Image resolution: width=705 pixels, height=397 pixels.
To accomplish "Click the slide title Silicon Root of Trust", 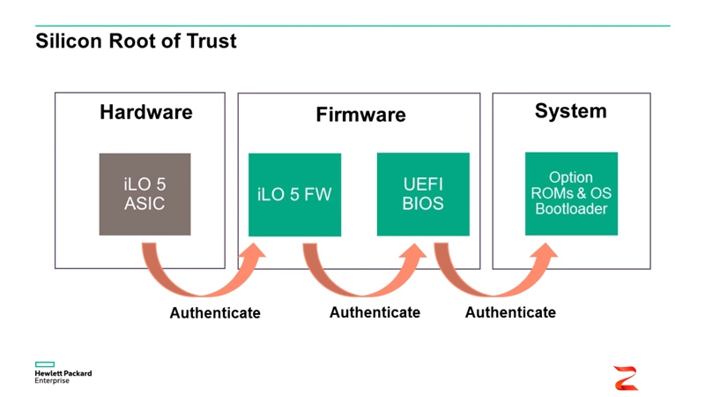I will click(x=136, y=41).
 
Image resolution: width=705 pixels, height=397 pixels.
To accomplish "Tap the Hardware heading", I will click(x=145, y=112).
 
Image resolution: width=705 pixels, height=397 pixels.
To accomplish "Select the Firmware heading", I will click(x=360, y=115).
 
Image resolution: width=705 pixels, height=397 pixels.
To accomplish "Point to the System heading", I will click(x=570, y=110).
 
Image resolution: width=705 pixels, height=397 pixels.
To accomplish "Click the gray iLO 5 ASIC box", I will click(x=145, y=194).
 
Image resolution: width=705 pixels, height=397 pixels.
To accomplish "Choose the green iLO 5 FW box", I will click(x=294, y=195).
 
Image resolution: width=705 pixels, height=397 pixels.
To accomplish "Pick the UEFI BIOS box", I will click(x=423, y=194).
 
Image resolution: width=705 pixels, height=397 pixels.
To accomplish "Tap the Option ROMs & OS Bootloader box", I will click(x=571, y=193).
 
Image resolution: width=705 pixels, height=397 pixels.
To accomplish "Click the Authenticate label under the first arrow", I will click(x=215, y=313).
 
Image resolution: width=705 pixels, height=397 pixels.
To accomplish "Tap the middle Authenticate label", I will click(x=375, y=312).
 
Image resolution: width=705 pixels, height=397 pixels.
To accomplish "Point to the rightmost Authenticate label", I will click(x=510, y=312).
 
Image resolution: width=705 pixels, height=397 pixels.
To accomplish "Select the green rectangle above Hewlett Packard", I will click(x=45, y=363).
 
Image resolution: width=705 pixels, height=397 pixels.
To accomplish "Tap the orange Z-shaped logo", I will click(x=626, y=377).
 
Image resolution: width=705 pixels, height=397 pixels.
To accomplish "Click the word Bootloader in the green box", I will click(x=571, y=209).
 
